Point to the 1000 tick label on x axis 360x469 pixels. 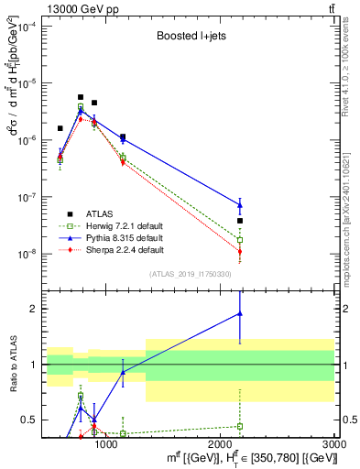[x=106, y=444]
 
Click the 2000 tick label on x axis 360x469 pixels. [x=221, y=444]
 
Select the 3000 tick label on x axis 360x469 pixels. [x=334, y=444]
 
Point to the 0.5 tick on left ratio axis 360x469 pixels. [x=31, y=420]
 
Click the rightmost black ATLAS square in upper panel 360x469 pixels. [x=240, y=221]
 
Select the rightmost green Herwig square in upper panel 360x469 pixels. [x=240, y=240]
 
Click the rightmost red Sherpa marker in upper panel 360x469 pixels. [x=240, y=251]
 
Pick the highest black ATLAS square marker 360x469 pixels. [x=81, y=97]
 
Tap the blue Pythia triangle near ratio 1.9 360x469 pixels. [x=240, y=313]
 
